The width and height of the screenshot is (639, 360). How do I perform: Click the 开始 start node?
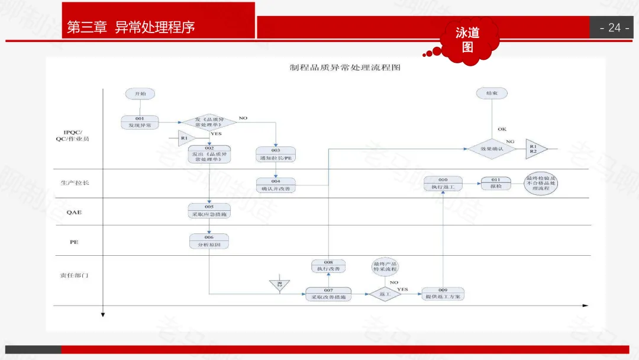(140, 94)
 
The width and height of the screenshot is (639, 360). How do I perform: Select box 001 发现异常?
(140, 122)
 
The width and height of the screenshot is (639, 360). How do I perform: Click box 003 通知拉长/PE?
(276, 154)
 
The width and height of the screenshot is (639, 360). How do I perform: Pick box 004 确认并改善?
(276, 185)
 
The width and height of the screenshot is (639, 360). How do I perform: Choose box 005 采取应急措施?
(209, 211)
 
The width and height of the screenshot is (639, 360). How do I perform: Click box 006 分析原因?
(209, 241)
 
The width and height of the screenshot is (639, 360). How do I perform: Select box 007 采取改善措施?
(328, 294)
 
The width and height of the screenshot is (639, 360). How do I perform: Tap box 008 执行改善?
(328, 266)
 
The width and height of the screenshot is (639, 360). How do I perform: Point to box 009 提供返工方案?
(443, 293)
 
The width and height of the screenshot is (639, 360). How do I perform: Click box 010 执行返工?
(443, 184)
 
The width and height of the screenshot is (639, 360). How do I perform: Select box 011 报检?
(496, 184)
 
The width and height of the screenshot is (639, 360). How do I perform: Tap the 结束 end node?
(492, 94)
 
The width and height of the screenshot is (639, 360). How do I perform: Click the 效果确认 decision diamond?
(492, 149)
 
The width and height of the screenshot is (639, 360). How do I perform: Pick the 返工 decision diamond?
(385, 294)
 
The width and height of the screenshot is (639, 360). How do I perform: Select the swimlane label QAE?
(74, 212)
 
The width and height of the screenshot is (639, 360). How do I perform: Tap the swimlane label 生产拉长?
(75, 183)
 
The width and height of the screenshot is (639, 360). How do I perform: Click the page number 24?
(614, 28)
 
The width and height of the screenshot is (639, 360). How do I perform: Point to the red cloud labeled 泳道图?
(467, 40)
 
